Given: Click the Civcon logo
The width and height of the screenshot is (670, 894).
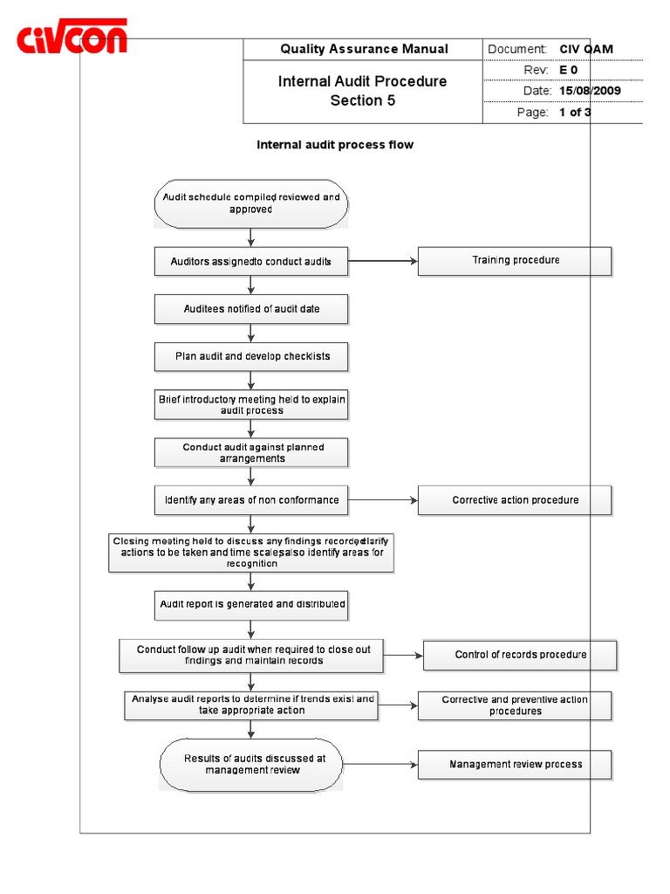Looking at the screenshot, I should (x=72, y=38).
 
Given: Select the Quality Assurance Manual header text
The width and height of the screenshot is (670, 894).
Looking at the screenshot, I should (x=364, y=49).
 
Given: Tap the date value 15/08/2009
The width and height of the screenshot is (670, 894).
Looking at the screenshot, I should (x=590, y=91).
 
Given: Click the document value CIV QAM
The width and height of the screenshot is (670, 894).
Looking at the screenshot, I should (x=586, y=49).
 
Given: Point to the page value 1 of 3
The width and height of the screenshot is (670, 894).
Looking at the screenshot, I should (x=575, y=113).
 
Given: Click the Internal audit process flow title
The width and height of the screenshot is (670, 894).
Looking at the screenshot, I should (x=334, y=145).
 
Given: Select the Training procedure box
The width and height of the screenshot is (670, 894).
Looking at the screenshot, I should (x=515, y=260).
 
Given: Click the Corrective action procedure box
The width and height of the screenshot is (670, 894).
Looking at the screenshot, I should (x=515, y=500).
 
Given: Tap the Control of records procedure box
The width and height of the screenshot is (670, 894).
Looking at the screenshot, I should (x=520, y=655).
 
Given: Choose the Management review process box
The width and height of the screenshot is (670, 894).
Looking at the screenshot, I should (x=515, y=765).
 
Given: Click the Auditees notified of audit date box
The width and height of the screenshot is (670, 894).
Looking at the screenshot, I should (x=251, y=309).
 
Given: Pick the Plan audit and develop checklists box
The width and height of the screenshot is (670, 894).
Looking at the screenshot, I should (x=251, y=356).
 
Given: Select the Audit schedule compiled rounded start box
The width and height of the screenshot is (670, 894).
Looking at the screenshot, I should (x=251, y=203).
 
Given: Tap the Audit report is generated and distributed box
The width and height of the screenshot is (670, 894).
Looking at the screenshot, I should (x=251, y=604).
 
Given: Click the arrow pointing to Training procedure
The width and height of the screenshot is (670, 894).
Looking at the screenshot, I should (x=384, y=260).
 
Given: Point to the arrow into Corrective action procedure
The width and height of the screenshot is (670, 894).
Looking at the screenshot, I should (x=384, y=500).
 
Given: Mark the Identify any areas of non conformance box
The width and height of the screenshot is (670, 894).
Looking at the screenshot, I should (x=251, y=500).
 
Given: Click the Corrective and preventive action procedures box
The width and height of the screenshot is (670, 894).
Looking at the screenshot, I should (x=515, y=705).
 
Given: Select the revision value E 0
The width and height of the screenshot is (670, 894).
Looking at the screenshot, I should (x=569, y=70).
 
